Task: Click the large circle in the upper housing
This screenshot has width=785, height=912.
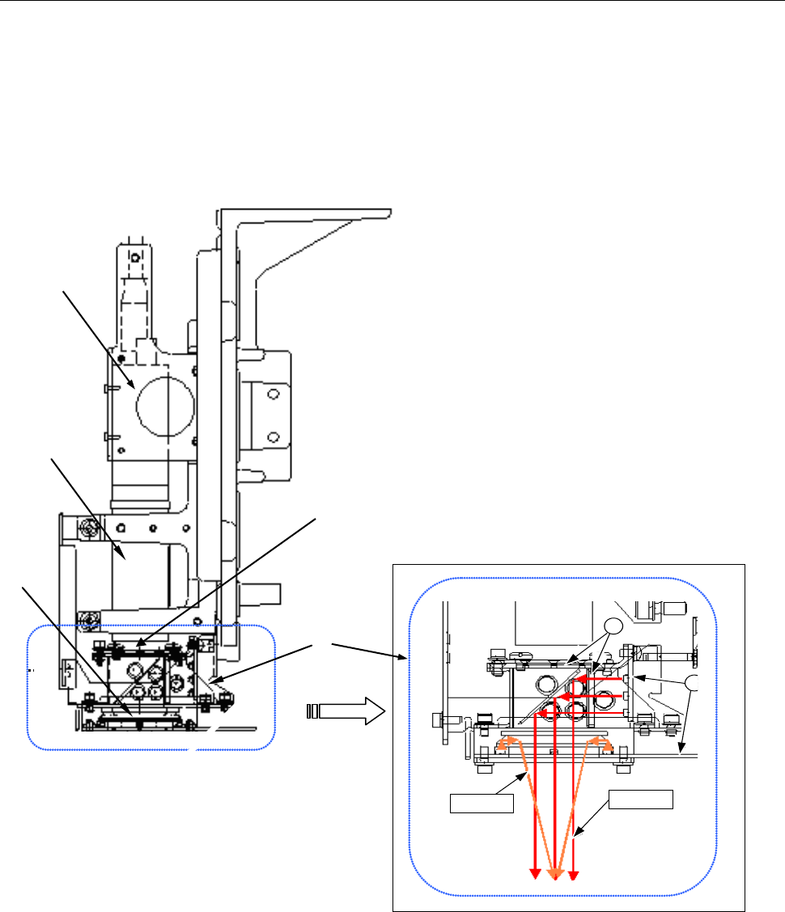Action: point(166,402)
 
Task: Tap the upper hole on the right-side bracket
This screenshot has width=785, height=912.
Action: point(274,394)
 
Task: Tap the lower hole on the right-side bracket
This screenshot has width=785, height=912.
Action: point(274,438)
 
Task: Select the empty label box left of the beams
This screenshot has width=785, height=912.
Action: point(482,804)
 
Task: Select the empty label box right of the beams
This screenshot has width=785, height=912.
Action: point(641,798)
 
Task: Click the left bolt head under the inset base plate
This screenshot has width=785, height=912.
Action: point(483,760)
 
